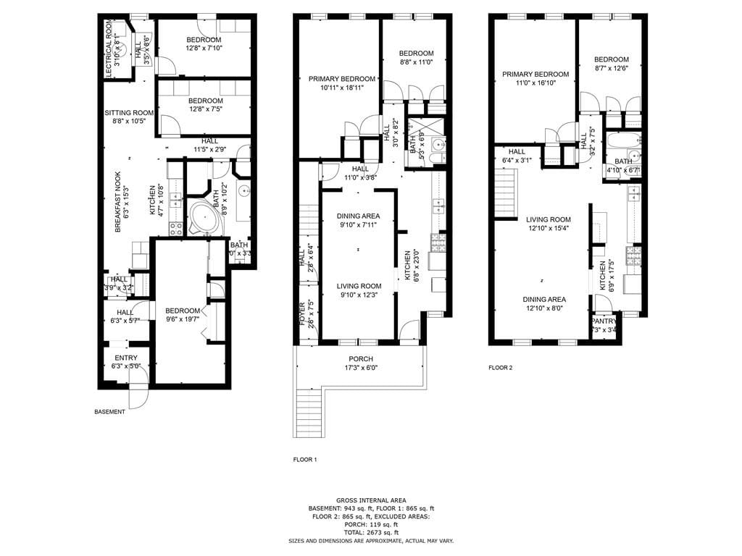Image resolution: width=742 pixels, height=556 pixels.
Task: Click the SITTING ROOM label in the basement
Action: pos(129,112)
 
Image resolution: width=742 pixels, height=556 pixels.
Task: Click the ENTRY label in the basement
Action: pos(125,357)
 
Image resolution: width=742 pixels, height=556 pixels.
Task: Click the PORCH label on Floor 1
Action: pos(361,359)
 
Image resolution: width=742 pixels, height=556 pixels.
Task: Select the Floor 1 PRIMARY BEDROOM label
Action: pos(342,79)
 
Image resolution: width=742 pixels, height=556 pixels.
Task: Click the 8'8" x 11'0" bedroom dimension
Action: pos(416,62)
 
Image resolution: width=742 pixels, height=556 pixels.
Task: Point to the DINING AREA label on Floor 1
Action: pos(359,216)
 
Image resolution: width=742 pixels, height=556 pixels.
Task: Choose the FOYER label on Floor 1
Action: pos(302,313)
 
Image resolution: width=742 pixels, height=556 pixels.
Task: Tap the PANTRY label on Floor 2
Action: pos(604,321)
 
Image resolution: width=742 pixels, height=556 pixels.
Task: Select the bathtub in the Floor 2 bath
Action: pos(623,140)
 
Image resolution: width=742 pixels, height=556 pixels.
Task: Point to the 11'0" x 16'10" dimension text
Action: pos(538,83)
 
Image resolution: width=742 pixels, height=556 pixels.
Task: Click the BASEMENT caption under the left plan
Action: pos(109,412)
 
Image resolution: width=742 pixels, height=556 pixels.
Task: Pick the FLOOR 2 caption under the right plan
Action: pos(500,368)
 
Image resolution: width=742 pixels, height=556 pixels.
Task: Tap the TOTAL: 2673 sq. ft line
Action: pos(370,532)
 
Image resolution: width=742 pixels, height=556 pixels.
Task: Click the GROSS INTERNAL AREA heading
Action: pos(370,500)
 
